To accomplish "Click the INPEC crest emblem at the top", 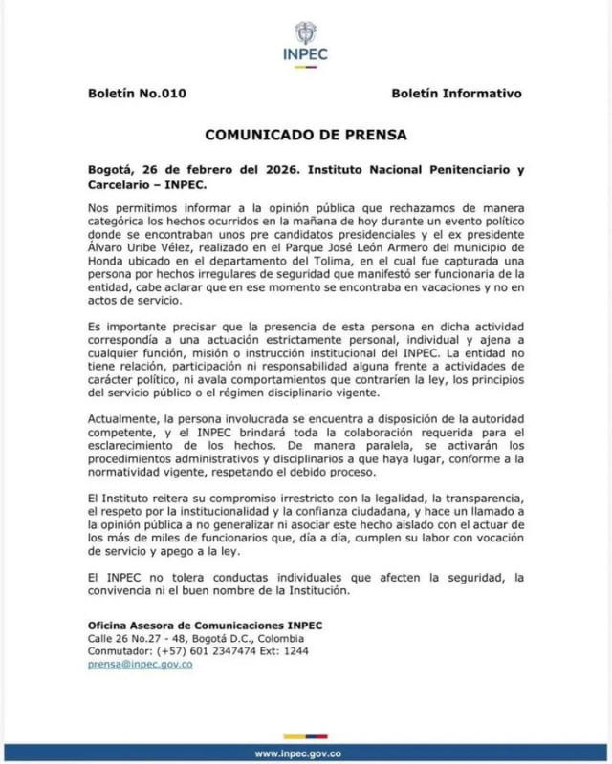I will [x=305, y=31].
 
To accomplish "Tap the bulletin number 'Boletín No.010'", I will [x=136, y=94].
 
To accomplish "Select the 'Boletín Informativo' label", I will [x=456, y=94].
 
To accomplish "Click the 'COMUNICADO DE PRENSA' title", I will [x=305, y=135].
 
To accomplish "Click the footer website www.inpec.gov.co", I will [x=305, y=753].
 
